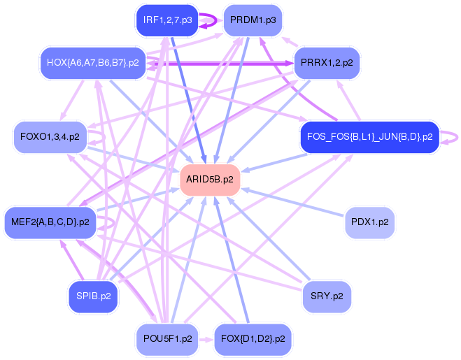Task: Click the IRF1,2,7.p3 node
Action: (167, 20)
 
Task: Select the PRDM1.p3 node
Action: (252, 20)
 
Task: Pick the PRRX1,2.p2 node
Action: (326, 63)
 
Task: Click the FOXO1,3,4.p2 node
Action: (46, 136)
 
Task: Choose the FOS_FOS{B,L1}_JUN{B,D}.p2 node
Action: (369, 136)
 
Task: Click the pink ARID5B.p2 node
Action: (210, 180)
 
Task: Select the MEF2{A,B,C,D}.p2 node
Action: (50, 222)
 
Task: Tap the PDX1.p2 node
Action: (370, 222)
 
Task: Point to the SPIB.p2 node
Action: (93, 296)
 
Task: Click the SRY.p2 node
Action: (327, 296)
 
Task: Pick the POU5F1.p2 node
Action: (167, 339)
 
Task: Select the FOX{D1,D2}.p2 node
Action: (253, 339)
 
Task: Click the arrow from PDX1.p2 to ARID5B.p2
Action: (294, 202)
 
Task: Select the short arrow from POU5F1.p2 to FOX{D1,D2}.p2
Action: (206, 339)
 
